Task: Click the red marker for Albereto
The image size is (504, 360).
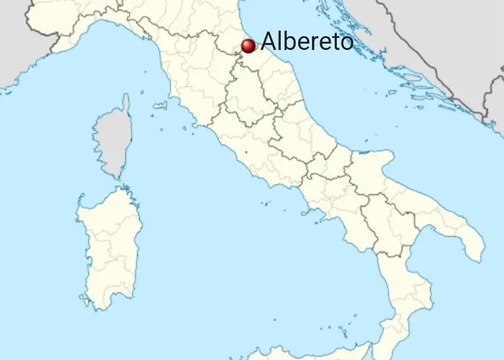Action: [x=248, y=46]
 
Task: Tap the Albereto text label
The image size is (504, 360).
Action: [x=307, y=41]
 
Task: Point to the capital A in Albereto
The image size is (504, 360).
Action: [x=268, y=41]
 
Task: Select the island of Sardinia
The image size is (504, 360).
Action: [x=108, y=245]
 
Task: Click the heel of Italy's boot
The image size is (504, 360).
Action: [x=472, y=245]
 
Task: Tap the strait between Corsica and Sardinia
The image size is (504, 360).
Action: [x=119, y=184]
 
